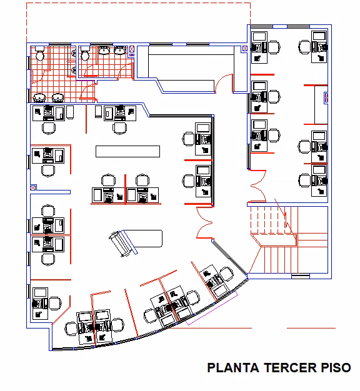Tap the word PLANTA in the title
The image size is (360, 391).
[233, 368]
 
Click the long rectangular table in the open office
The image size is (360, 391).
[127, 151]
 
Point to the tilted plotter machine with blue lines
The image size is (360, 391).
[123, 243]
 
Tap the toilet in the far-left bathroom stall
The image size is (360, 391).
[39, 53]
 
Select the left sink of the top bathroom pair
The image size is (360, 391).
[104, 50]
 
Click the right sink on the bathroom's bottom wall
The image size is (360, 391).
[58, 98]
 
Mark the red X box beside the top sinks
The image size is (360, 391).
[132, 49]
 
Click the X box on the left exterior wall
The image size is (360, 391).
[33, 188]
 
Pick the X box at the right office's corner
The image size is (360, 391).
[245, 49]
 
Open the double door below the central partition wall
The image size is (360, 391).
[204, 222]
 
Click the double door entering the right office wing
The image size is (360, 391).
[258, 186]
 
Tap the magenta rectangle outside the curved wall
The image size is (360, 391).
[212, 309]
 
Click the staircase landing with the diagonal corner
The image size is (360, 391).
[274, 240]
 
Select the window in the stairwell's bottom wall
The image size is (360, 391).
[301, 276]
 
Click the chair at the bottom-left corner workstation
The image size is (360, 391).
[55, 303]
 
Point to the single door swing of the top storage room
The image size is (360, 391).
[224, 83]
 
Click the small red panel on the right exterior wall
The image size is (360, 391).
[326, 97]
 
